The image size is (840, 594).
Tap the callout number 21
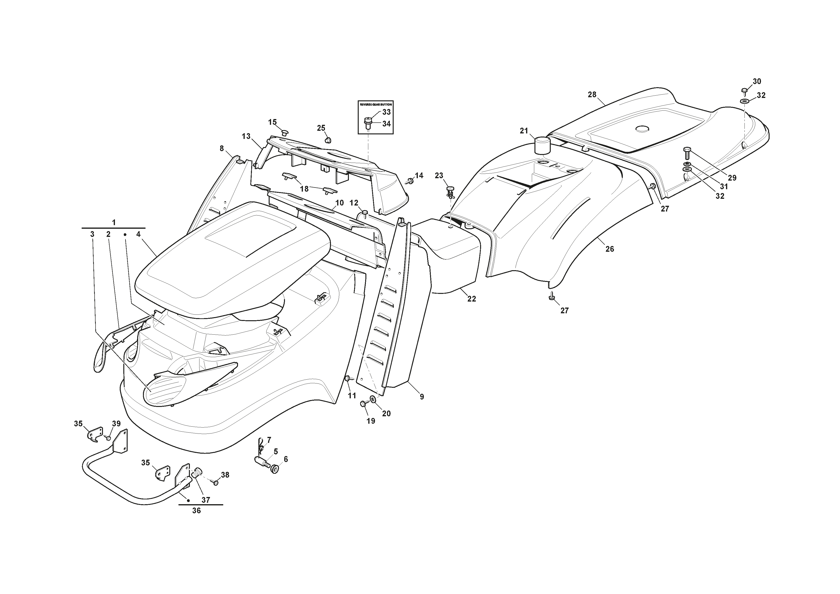pos(524,131)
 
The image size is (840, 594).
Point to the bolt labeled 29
pos(686,153)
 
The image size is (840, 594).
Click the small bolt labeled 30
pos(744,90)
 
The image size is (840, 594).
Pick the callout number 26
pos(609,249)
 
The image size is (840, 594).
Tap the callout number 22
pos(471,299)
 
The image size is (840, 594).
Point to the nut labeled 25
pos(328,140)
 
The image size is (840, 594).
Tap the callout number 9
pos(422,396)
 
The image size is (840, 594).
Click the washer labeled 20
pos(373,399)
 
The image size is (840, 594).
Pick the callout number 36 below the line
pos(196,511)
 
